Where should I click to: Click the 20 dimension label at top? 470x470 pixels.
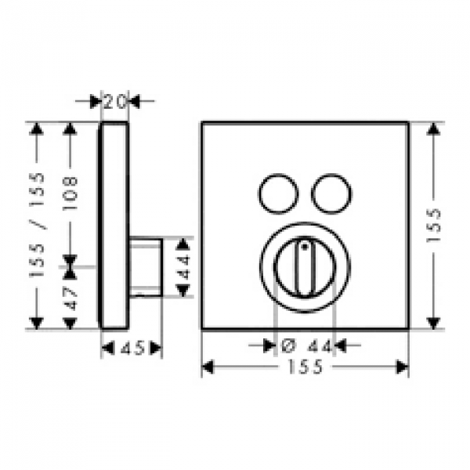click(115, 101)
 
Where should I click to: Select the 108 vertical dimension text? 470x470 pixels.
click(70, 193)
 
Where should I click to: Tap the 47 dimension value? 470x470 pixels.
click(70, 298)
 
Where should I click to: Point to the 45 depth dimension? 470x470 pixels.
click(132, 349)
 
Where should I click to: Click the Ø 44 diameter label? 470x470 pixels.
click(306, 346)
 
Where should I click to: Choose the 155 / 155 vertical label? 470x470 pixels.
click(37, 225)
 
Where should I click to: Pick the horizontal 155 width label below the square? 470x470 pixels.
click(305, 367)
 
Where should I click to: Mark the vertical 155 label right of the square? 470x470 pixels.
click(433, 225)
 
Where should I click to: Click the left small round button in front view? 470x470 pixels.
click(278, 194)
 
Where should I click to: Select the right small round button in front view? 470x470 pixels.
click(331, 194)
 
